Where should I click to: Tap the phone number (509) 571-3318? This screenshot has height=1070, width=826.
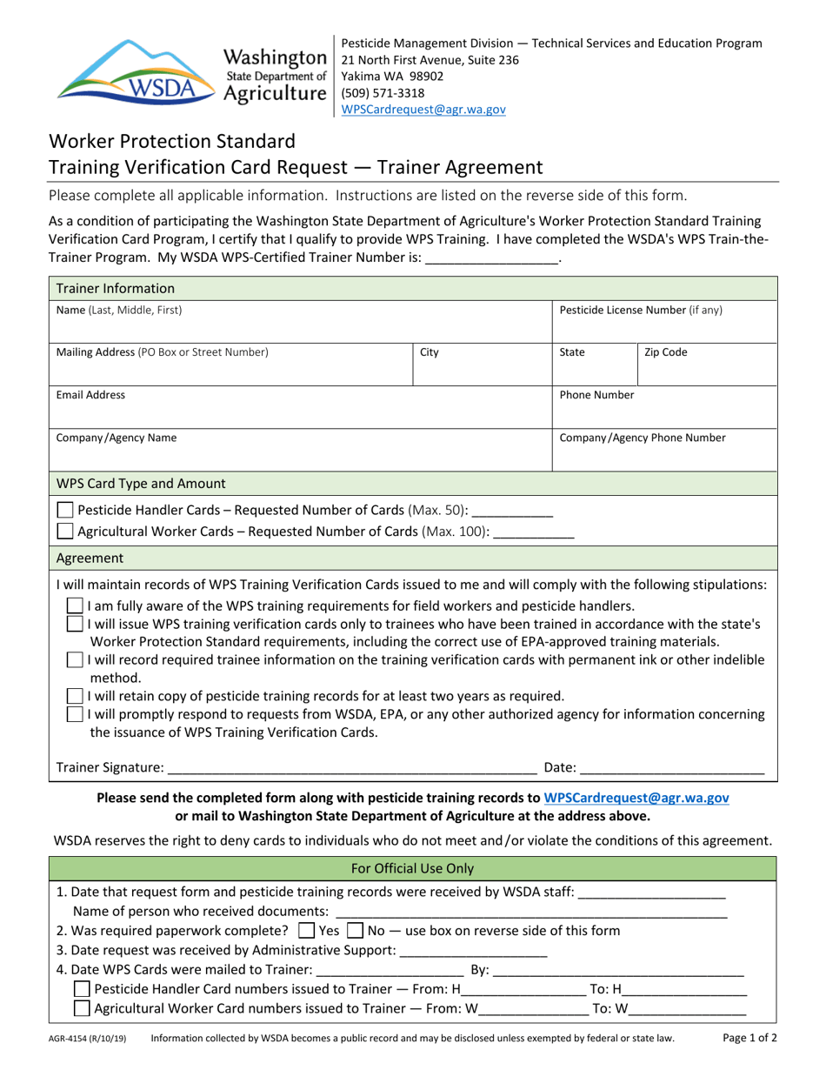point(383,93)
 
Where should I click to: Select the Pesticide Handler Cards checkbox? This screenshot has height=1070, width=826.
point(65,510)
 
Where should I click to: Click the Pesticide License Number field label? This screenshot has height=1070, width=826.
point(641,310)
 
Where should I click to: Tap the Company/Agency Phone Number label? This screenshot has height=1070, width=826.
point(643,438)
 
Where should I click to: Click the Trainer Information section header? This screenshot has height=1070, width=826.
point(116,288)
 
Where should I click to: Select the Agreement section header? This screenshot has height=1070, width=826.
point(90,558)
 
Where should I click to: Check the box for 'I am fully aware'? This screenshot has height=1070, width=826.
point(77,605)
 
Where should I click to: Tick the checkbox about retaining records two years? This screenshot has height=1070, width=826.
point(77,695)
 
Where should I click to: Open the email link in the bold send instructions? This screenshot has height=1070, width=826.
point(636,797)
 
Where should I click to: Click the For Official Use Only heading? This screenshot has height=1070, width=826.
point(412,868)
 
